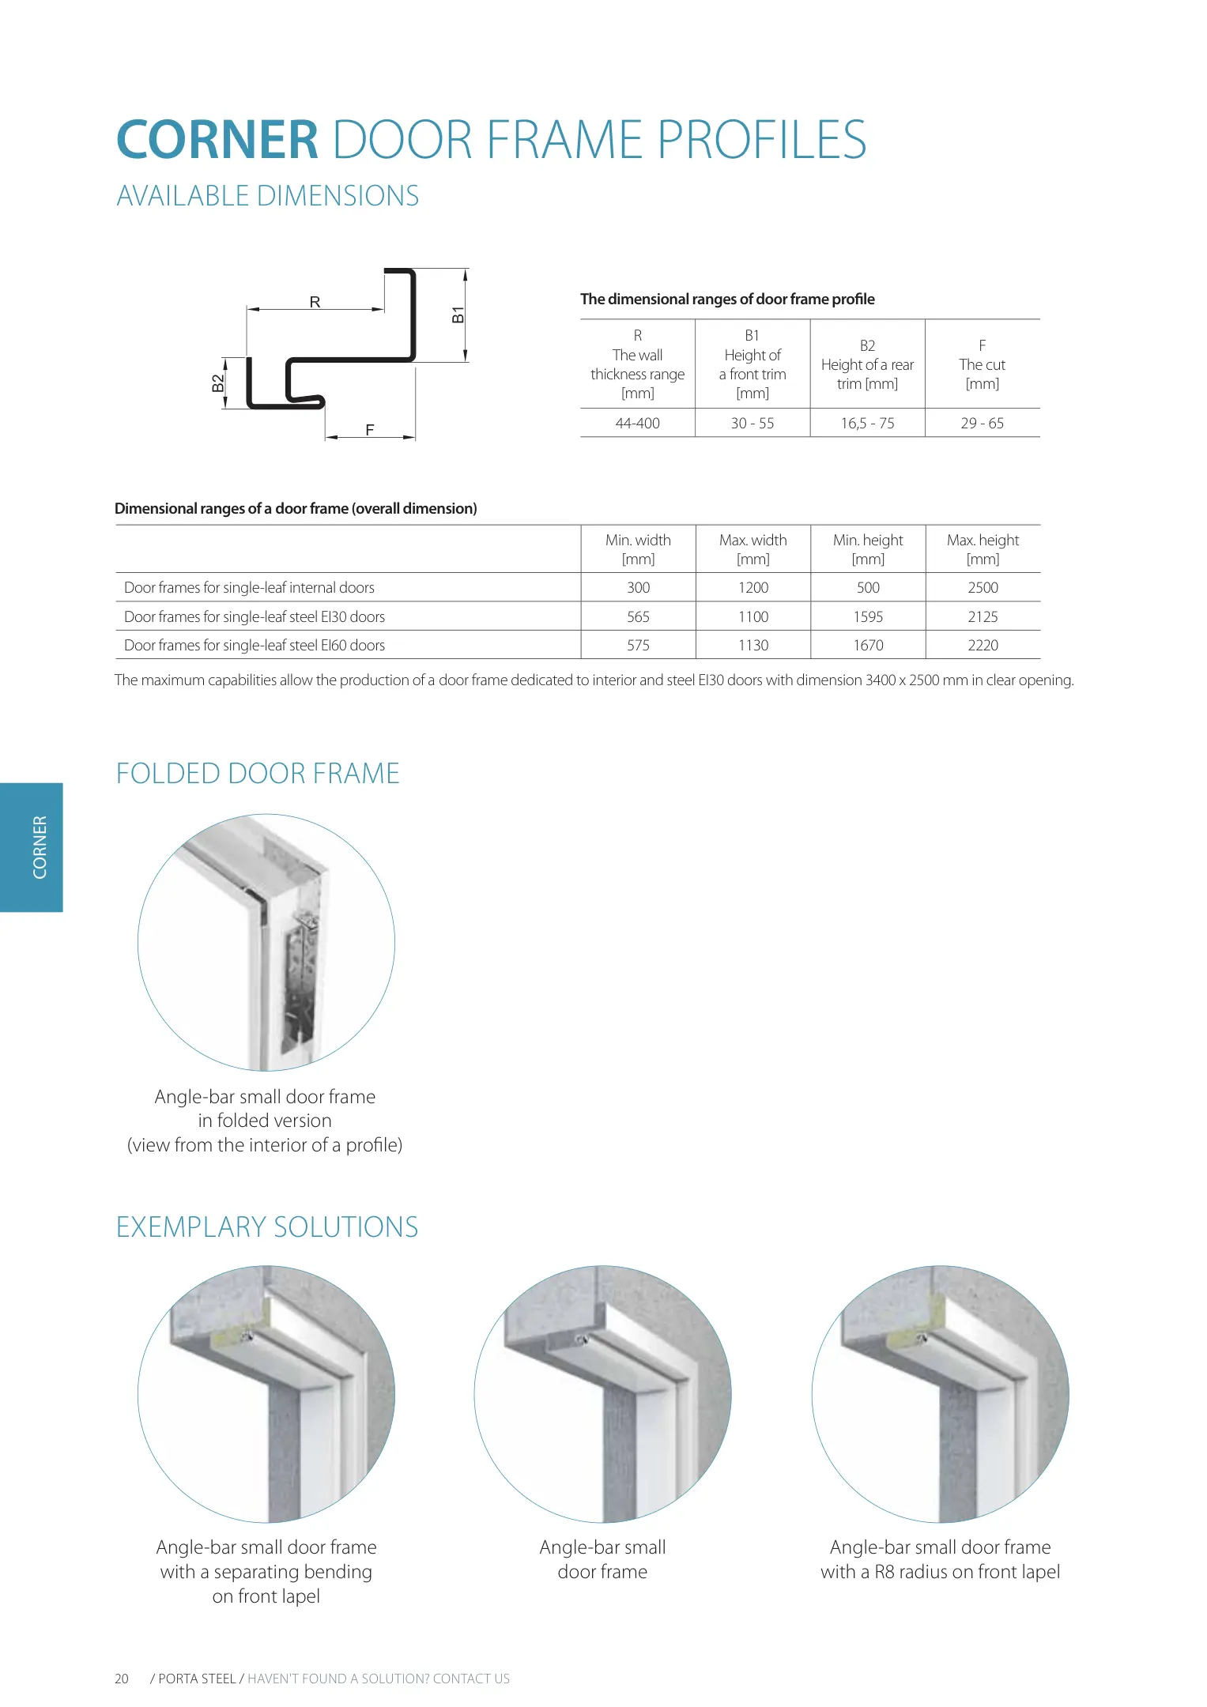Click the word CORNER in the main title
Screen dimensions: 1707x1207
click(x=217, y=140)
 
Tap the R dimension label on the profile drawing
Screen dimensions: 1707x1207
click(x=315, y=302)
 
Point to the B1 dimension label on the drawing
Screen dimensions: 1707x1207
click(x=458, y=315)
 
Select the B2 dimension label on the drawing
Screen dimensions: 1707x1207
click(x=217, y=383)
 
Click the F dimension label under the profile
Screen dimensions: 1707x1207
click(x=369, y=430)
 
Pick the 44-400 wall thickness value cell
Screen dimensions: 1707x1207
click(x=637, y=423)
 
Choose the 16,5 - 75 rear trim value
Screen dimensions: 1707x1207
click(x=867, y=423)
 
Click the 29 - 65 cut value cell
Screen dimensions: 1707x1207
click(x=982, y=423)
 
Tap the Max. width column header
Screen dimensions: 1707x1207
click(x=752, y=548)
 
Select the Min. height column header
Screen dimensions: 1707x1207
click(x=867, y=548)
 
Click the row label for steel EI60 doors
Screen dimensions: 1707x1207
click(x=255, y=645)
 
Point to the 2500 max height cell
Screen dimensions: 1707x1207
click(x=983, y=587)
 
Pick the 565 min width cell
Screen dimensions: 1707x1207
click(x=638, y=616)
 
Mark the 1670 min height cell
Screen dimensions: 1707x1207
click(x=868, y=645)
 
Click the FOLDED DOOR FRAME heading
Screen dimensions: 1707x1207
click(x=258, y=773)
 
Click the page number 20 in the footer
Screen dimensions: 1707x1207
click(x=122, y=1679)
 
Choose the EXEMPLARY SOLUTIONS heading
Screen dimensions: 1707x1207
click(x=267, y=1227)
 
